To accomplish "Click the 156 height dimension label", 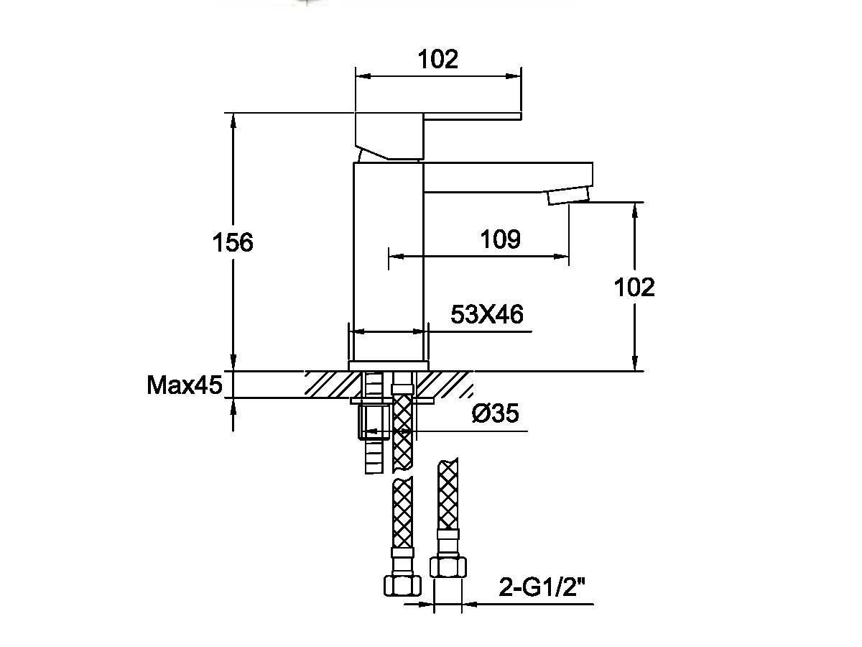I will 233,243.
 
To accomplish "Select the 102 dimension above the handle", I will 438,59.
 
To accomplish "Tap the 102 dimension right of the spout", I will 635,287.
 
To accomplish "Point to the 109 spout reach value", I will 500,239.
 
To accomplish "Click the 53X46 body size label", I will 486,314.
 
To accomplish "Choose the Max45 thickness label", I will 185,386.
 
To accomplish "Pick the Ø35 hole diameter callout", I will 496,414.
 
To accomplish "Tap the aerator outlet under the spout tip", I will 567,196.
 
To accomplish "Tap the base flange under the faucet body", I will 388,365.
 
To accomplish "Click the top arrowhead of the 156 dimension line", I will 233,119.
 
